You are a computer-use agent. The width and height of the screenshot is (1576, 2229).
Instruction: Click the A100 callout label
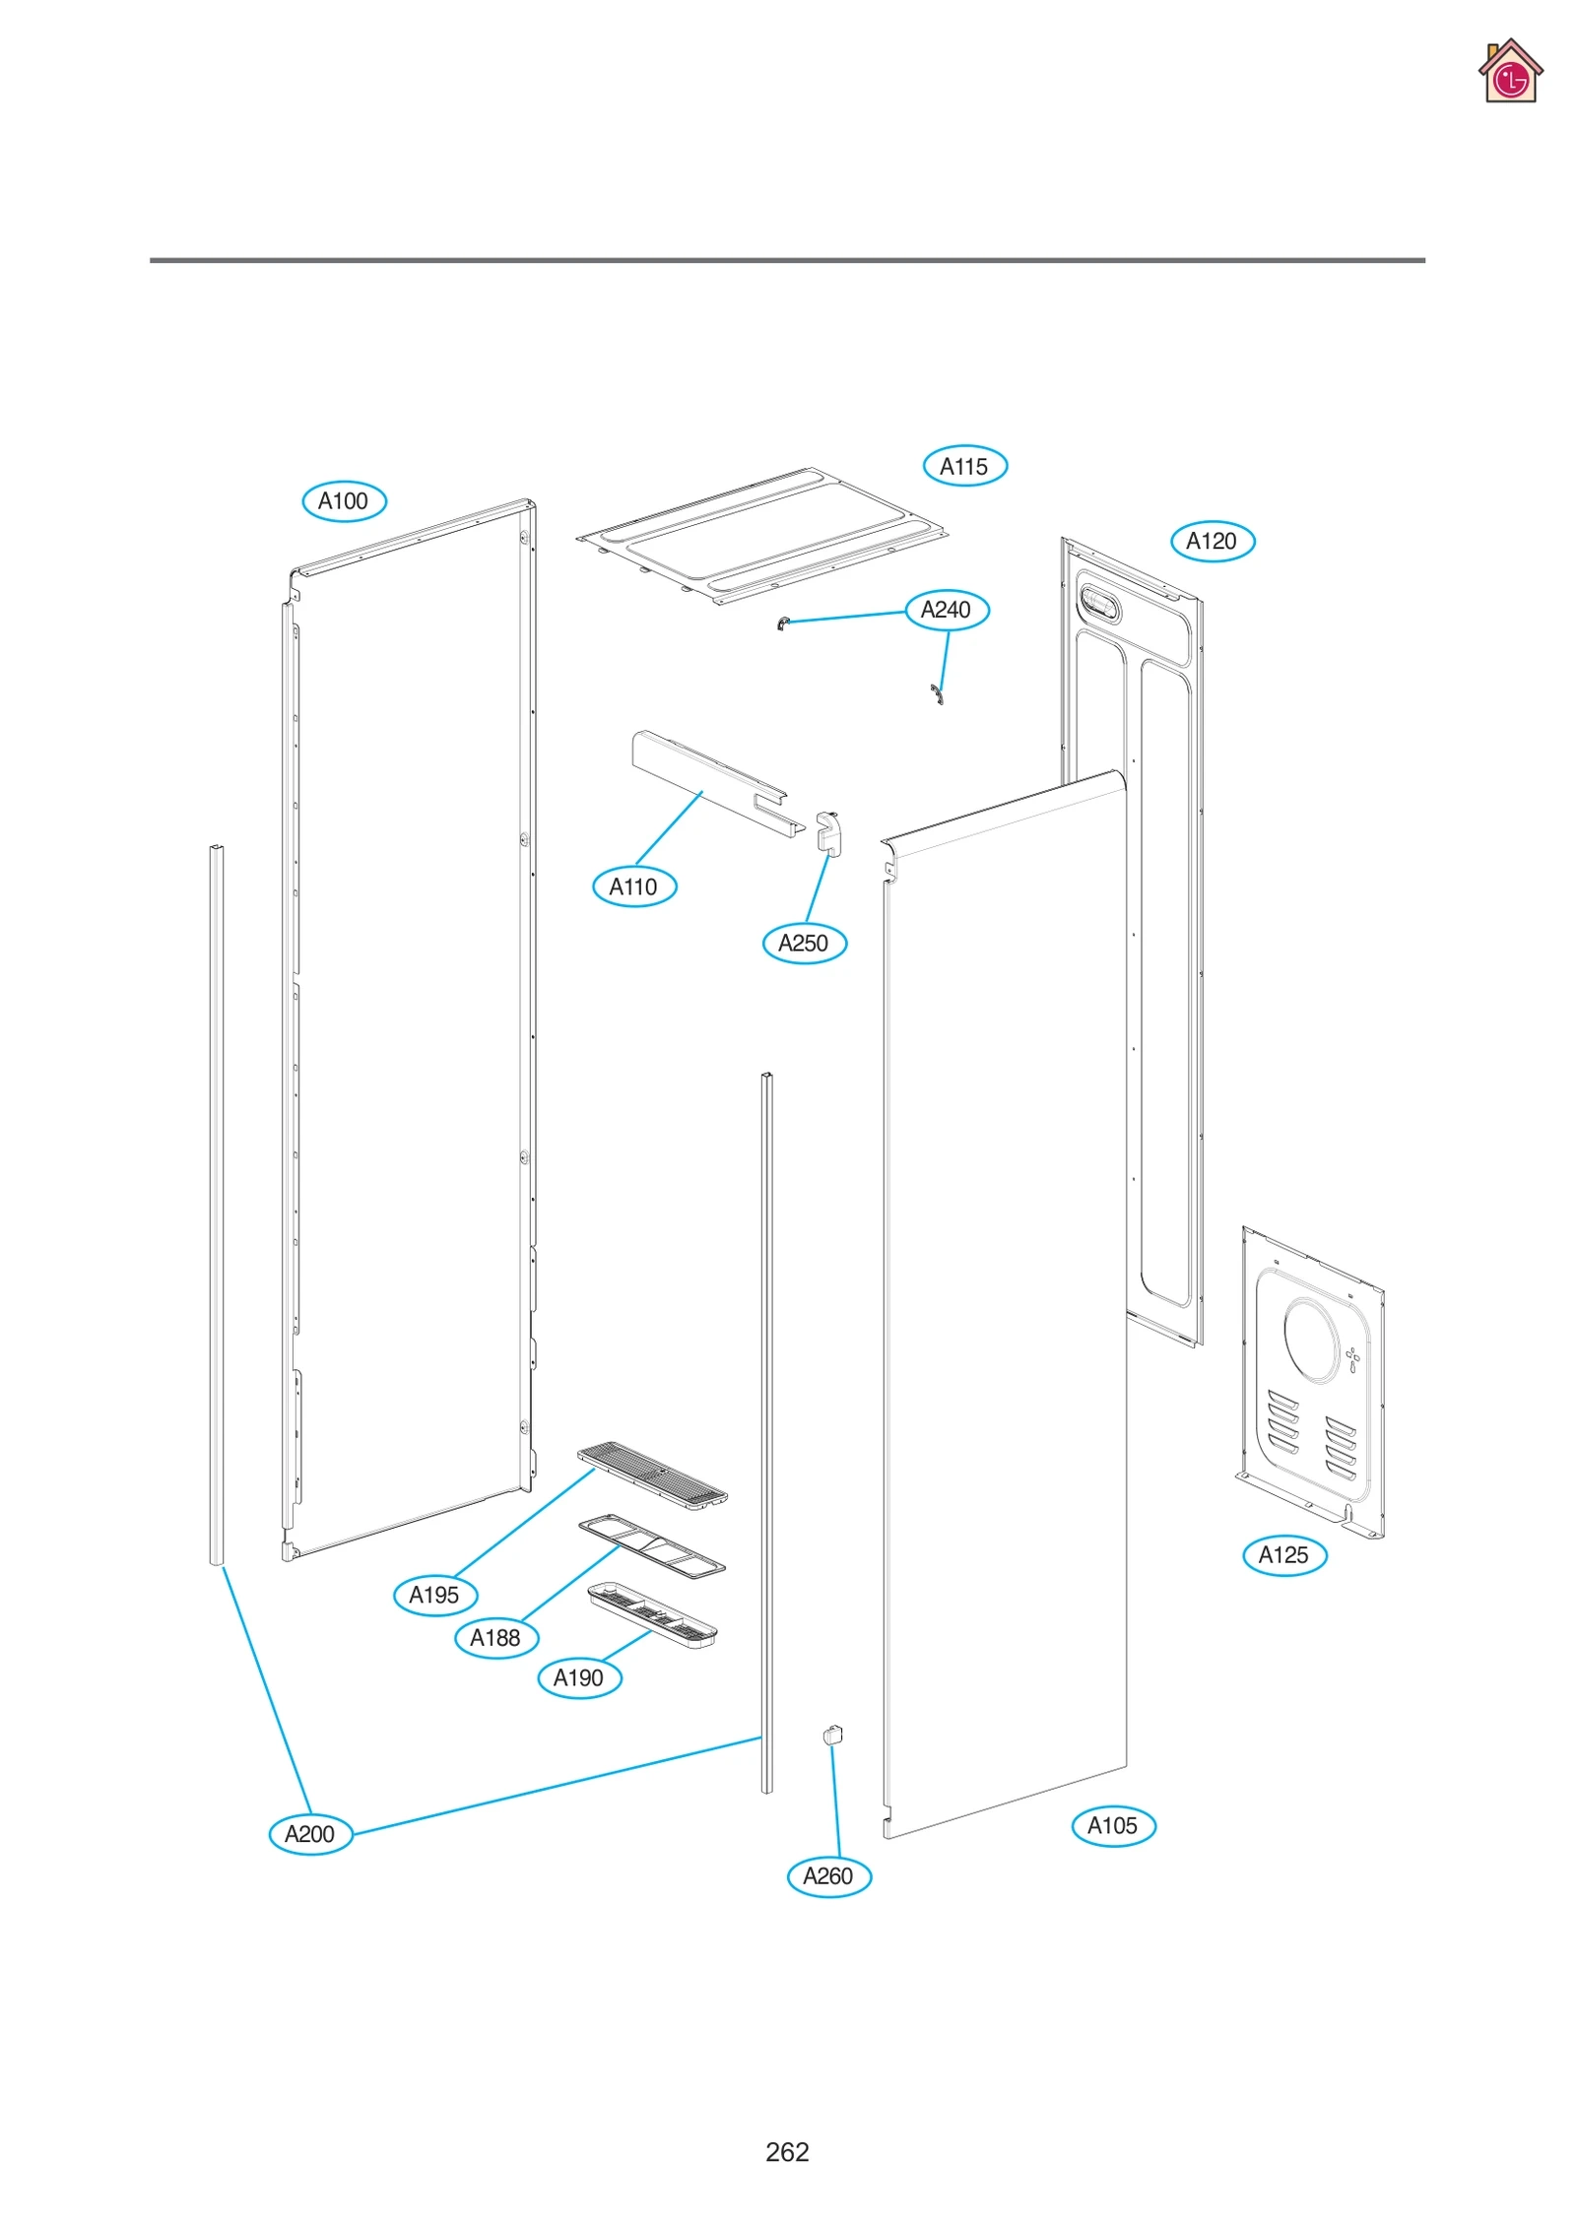click(x=344, y=501)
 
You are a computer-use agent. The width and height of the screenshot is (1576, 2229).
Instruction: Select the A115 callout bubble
click(x=964, y=466)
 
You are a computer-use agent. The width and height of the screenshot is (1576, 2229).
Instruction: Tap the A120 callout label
click(x=1212, y=541)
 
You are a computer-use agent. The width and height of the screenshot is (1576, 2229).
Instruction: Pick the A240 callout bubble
click(x=947, y=610)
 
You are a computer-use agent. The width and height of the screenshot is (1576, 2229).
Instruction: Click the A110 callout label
click(x=633, y=886)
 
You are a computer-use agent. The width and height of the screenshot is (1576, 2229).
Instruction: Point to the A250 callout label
click(x=804, y=943)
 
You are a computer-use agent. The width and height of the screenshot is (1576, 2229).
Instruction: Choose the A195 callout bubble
click(x=434, y=1595)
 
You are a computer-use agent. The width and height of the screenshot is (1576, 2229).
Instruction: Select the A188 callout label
click(x=495, y=1637)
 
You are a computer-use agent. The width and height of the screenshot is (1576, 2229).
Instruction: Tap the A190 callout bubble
click(x=579, y=1677)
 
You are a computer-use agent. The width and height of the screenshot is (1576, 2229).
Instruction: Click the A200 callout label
click(x=310, y=1834)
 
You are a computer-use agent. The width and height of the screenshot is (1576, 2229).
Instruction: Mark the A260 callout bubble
click(x=828, y=1875)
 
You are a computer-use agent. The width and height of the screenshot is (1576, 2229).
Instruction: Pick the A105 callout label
click(x=1113, y=1825)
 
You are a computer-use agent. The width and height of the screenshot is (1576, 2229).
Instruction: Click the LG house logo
click(x=1509, y=72)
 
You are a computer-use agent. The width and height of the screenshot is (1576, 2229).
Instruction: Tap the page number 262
click(x=787, y=2151)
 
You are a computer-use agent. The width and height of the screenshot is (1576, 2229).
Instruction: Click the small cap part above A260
click(x=832, y=1735)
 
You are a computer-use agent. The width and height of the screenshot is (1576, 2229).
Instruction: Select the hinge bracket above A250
click(x=829, y=833)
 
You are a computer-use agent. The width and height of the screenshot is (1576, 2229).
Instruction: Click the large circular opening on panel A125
click(x=1311, y=1339)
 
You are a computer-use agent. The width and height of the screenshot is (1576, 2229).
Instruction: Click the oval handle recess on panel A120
click(x=1100, y=603)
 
